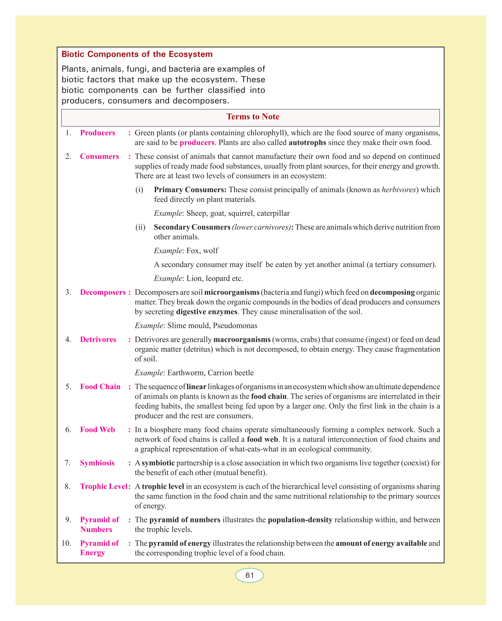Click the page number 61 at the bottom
pyautogui.click(x=250, y=575)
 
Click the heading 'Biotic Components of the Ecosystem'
pyautogui.click(x=137, y=54)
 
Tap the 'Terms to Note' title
pyautogui.click(x=253, y=117)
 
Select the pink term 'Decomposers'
pyautogui.click(x=103, y=292)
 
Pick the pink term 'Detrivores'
pyautogui.click(x=98, y=340)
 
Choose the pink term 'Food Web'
pyautogui.click(x=97, y=430)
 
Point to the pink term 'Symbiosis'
pyautogui.click(x=97, y=463)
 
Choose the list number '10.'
pyautogui.click(x=67, y=543)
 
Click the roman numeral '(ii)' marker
pyautogui.click(x=140, y=227)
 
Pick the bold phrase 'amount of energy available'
pyautogui.click(x=381, y=543)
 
